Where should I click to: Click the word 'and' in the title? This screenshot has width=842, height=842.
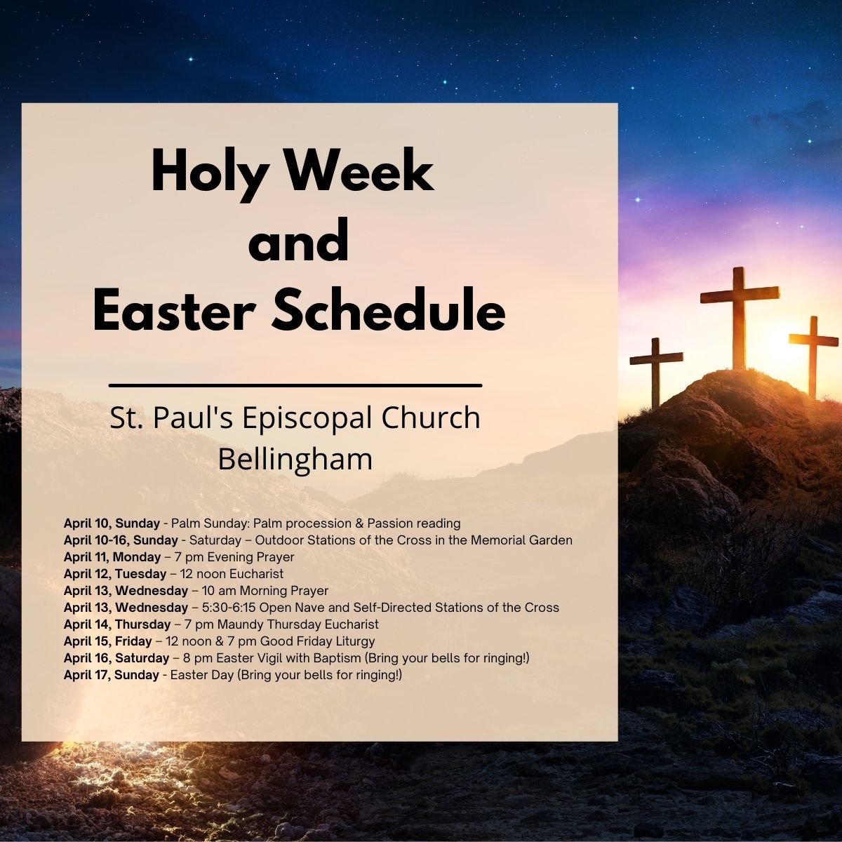pyautogui.click(x=299, y=241)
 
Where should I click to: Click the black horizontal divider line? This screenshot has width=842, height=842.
pyautogui.click(x=295, y=385)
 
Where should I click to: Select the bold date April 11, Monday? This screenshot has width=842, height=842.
pyautogui.click(x=112, y=557)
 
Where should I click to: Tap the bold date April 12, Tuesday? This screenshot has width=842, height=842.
pyautogui.click(x=115, y=574)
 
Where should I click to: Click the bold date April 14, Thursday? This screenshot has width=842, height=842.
pyautogui.click(x=117, y=624)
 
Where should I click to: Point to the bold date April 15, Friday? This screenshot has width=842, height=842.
pyautogui.click(x=108, y=641)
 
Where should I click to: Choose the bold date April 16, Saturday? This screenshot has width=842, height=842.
pyautogui.click(x=116, y=657)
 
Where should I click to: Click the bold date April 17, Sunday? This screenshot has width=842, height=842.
pyautogui.click(x=112, y=674)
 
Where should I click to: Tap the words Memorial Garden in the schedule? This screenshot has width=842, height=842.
pyautogui.click(x=521, y=540)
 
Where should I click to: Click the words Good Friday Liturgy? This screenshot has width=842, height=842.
pyautogui.click(x=318, y=641)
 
